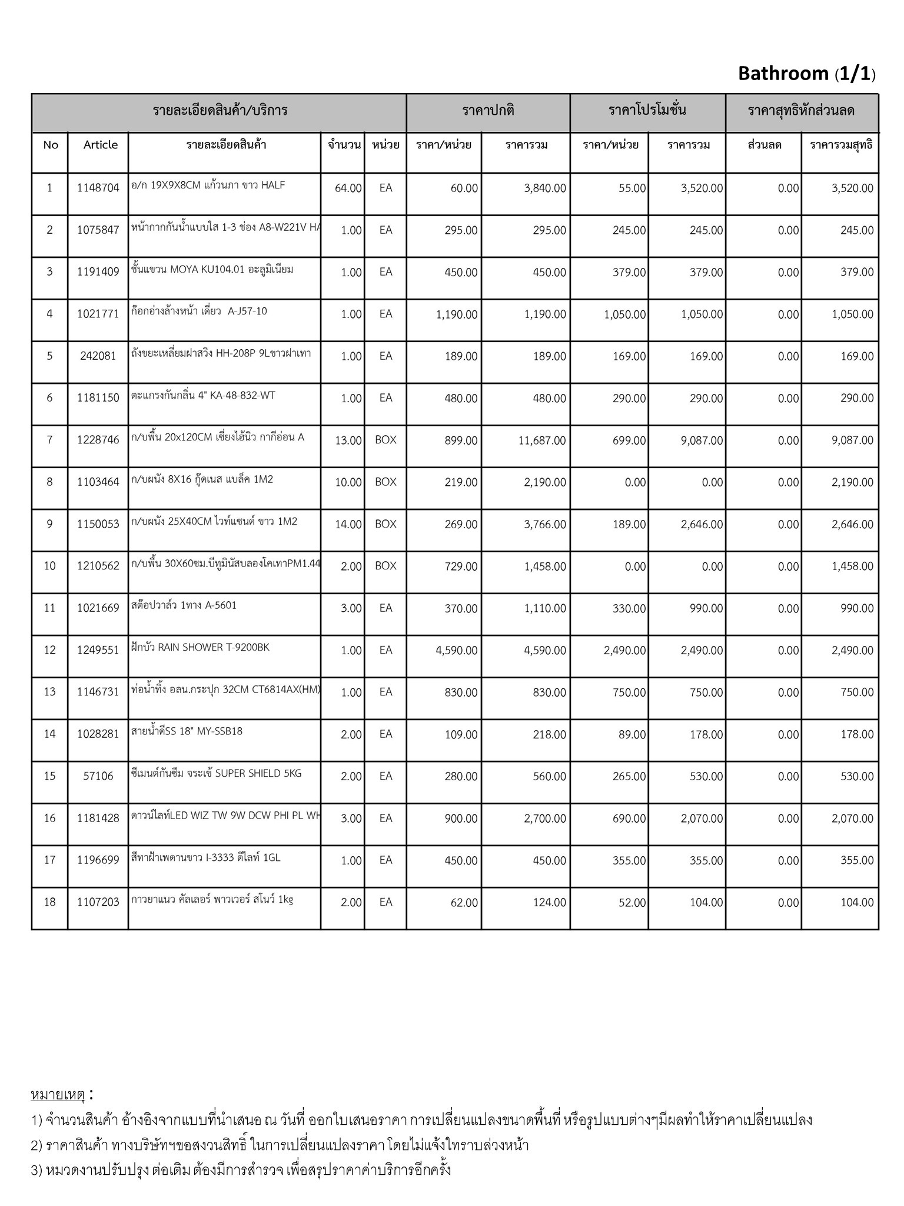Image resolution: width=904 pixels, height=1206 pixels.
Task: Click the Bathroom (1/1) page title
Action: point(806,74)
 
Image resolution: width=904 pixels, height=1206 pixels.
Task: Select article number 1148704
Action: point(98,188)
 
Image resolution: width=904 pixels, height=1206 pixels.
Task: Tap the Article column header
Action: point(100,145)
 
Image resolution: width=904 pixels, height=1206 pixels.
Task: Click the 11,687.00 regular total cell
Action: point(541,440)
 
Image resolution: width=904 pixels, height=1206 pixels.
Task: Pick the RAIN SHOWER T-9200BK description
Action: point(201,647)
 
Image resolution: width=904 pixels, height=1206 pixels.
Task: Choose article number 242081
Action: point(98,356)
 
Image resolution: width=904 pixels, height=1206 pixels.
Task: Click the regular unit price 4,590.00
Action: point(457,651)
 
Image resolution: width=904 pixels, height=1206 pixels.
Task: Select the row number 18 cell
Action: point(49,902)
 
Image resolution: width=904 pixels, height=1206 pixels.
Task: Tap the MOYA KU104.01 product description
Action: point(212,270)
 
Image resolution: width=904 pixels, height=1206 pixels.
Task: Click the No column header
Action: point(51,145)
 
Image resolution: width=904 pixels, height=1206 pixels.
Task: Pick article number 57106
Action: point(98,776)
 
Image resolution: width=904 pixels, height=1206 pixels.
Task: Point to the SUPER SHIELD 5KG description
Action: point(216,773)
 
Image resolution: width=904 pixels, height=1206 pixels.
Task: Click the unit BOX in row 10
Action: point(385,566)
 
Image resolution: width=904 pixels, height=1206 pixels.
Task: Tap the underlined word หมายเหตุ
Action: point(58,1095)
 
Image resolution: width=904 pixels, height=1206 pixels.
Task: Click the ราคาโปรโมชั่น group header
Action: point(647,110)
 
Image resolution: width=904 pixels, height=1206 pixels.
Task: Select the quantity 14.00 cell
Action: point(348,524)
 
